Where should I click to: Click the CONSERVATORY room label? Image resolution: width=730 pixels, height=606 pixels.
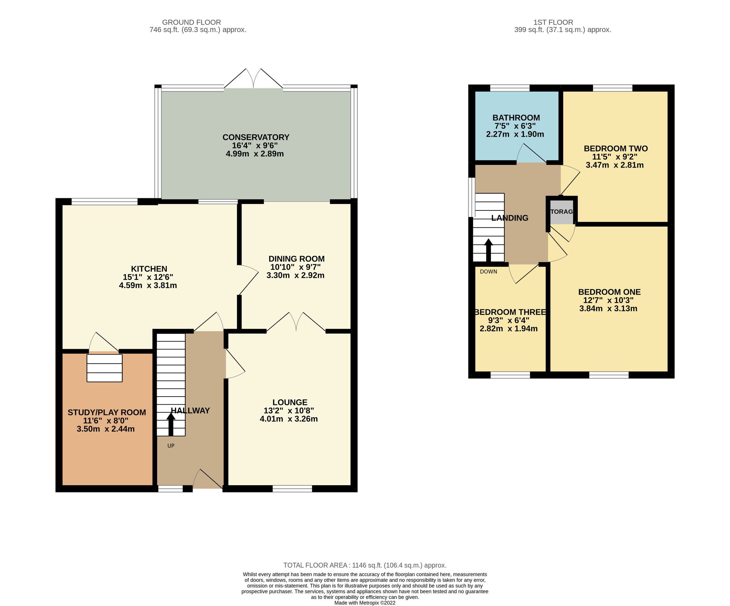point(255,137)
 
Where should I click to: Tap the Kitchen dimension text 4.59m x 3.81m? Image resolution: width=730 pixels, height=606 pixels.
point(148,285)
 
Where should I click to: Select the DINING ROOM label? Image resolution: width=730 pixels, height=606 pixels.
point(296,259)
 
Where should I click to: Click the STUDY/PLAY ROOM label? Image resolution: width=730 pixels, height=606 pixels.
point(107,412)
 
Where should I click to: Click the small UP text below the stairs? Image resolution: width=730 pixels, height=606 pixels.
point(171,446)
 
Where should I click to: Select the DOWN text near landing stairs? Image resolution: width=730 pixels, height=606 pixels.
point(488,272)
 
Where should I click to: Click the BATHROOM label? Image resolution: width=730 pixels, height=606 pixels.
point(516,118)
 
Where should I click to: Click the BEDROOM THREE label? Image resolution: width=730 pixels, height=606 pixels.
point(510,312)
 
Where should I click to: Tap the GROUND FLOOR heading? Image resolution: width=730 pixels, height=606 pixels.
point(191,22)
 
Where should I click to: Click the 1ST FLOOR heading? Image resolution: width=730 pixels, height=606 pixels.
point(553,22)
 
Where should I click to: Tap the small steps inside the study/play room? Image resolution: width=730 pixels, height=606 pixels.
point(104,368)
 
